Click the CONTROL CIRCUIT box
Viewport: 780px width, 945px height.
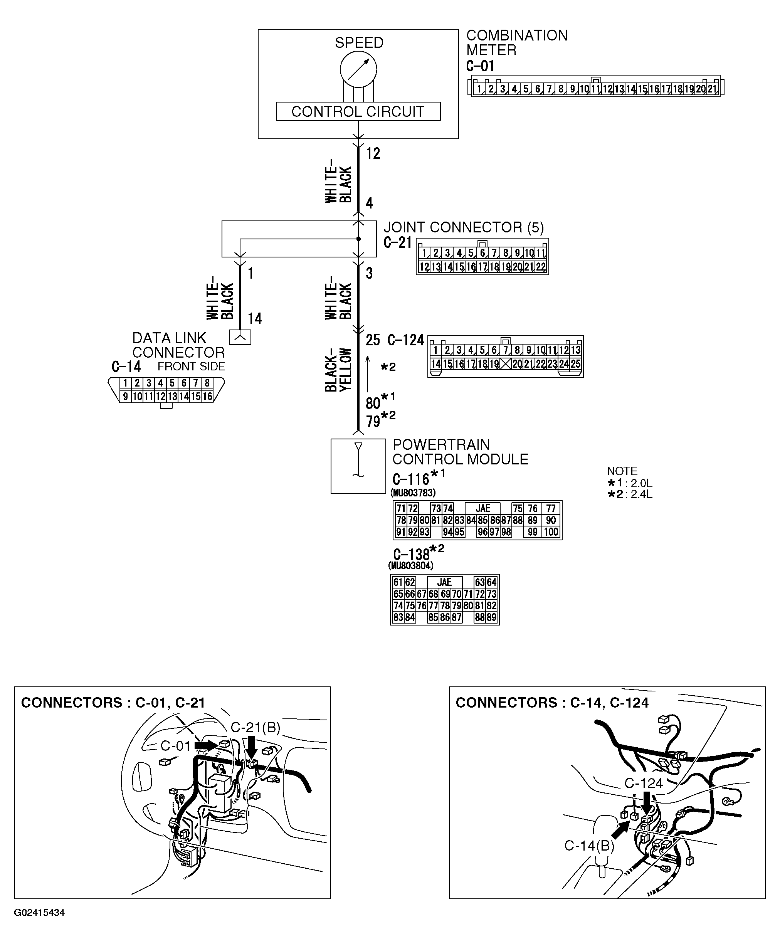point(358,111)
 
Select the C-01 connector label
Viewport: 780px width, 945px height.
point(480,66)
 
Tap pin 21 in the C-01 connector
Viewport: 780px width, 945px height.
point(712,89)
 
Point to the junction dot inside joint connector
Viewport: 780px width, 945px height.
point(358,239)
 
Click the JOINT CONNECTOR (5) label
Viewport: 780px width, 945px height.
point(463,227)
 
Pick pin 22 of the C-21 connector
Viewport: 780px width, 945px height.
point(541,267)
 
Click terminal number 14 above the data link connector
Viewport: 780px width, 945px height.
point(255,319)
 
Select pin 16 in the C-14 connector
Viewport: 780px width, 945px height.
point(207,396)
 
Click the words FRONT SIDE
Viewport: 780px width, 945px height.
point(191,366)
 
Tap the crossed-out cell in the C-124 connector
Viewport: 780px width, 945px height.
point(506,363)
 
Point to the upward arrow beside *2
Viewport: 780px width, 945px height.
point(368,373)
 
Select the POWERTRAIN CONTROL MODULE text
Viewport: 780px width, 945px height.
point(460,452)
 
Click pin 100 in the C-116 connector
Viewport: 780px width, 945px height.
point(551,532)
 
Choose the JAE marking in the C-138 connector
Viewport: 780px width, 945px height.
point(444,582)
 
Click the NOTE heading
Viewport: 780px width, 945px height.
point(622,471)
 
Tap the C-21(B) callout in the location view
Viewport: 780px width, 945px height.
point(255,727)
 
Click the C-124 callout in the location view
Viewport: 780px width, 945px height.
point(644,783)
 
